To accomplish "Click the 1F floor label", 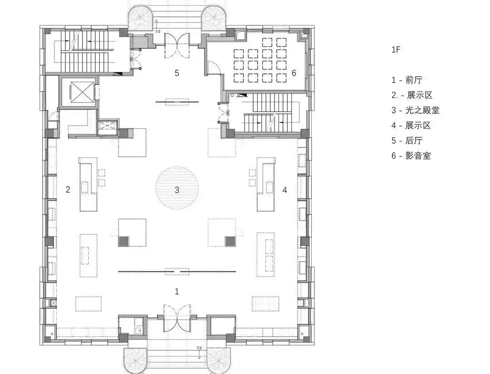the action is click(x=396, y=50).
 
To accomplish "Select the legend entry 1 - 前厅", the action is click(x=407, y=80).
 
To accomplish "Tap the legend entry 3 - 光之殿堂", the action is click(x=416, y=110).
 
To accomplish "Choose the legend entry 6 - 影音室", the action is click(x=411, y=155).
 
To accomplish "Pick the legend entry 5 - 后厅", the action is click(x=407, y=141).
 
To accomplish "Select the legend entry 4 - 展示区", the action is click(x=411, y=125).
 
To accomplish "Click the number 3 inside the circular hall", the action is click(x=177, y=190).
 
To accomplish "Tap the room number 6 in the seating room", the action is click(x=294, y=73).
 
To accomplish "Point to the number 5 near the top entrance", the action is click(x=177, y=73).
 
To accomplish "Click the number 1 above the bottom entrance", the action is click(x=177, y=291).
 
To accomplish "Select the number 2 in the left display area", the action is click(x=68, y=189).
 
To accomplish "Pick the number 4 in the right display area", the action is click(x=284, y=190).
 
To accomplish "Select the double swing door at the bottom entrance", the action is click(x=177, y=317).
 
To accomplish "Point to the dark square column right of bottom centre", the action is click(x=230, y=241).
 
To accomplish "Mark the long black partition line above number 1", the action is click(x=177, y=272).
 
